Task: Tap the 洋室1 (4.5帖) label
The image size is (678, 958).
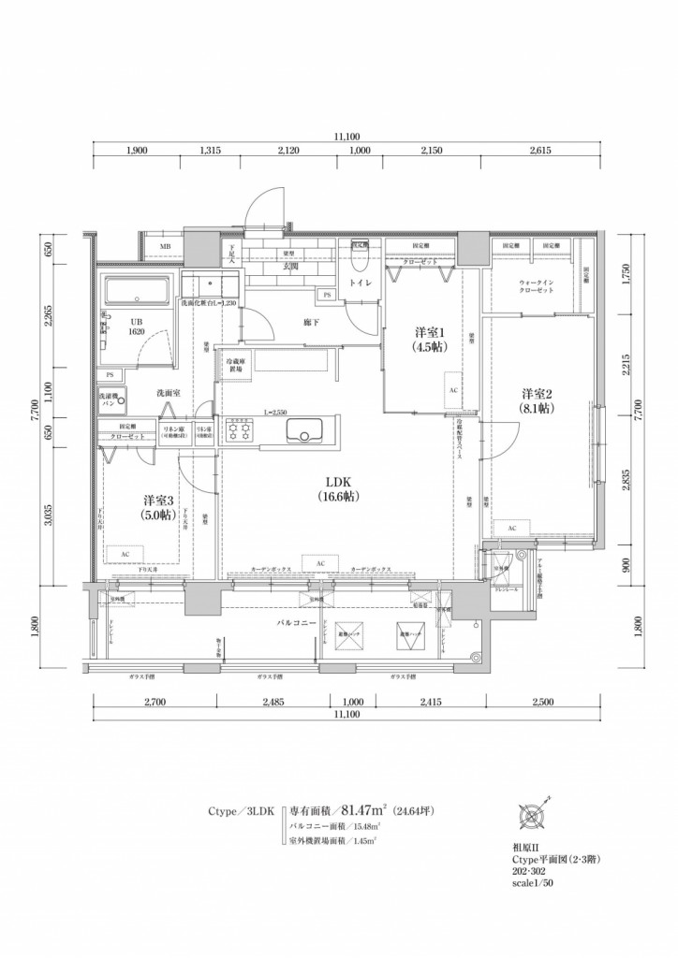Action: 431,340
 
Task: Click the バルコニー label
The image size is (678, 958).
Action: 293,621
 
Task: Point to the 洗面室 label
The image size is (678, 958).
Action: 169,393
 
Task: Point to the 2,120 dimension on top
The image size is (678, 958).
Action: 287,150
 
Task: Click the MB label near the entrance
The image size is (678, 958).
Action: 165,247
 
